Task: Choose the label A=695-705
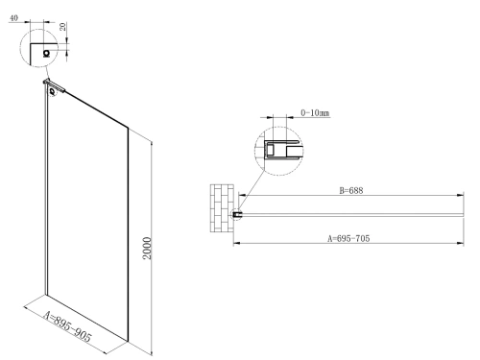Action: (349, 236)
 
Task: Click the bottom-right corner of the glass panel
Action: (127, 340)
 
